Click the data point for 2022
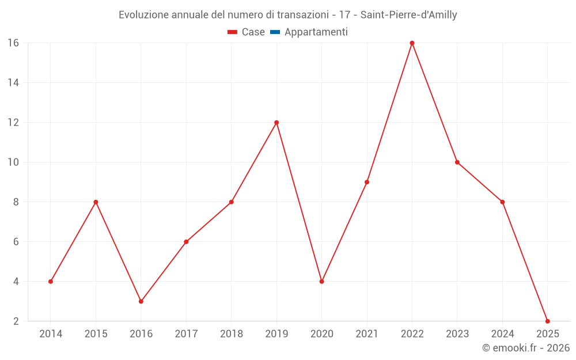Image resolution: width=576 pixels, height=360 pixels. tap(412, 43)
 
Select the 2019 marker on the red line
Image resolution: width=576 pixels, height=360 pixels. tap(276, 122)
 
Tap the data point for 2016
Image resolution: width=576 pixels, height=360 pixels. tap(141, 301)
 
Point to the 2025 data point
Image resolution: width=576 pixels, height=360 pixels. tap(547, 321)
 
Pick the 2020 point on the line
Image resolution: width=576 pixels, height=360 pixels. tap(321, 282)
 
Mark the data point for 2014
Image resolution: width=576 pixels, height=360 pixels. tap(51, 282)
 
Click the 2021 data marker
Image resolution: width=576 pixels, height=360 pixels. tap(367, 182)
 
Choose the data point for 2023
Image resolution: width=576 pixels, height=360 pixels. tap(457, 162)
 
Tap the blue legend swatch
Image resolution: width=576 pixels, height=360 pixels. tap(275, 32)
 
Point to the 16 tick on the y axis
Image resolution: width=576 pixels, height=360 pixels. tap(13, 43)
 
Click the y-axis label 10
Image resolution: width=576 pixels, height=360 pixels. tap(13, 162)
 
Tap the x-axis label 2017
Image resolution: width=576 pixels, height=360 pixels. tap(186, 334)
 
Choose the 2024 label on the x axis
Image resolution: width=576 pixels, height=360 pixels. tap(502, 334)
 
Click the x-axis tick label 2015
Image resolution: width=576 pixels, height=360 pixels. tap(96, 334)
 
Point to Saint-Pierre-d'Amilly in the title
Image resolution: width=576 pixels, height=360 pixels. tap(408, 15)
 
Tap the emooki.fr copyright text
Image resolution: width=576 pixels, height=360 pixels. tap(526, 348)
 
